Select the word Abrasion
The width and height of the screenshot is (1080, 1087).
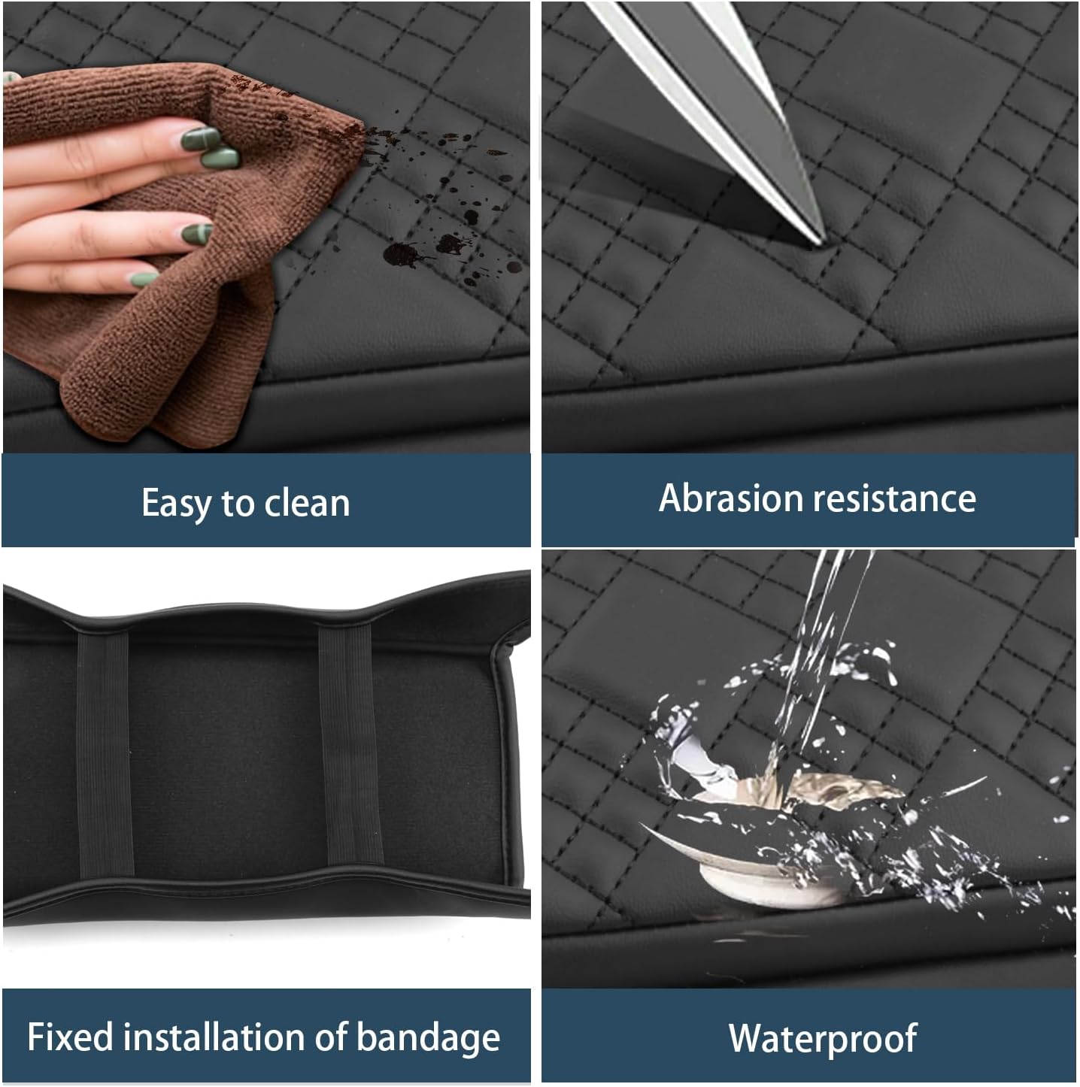click(x=731, y=498)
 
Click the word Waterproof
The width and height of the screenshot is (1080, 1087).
click(x=823, y=1039)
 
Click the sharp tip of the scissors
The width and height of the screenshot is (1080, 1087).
click(x=823, y=244)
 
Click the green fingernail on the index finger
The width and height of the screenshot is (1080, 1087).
click(x=200, y=139)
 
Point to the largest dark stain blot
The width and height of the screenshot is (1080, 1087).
click(x=402, y=255)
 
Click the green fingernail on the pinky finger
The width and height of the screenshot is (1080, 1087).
click(x=144, y=279)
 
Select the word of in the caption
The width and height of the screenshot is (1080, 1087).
click(x=331, y=1036)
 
